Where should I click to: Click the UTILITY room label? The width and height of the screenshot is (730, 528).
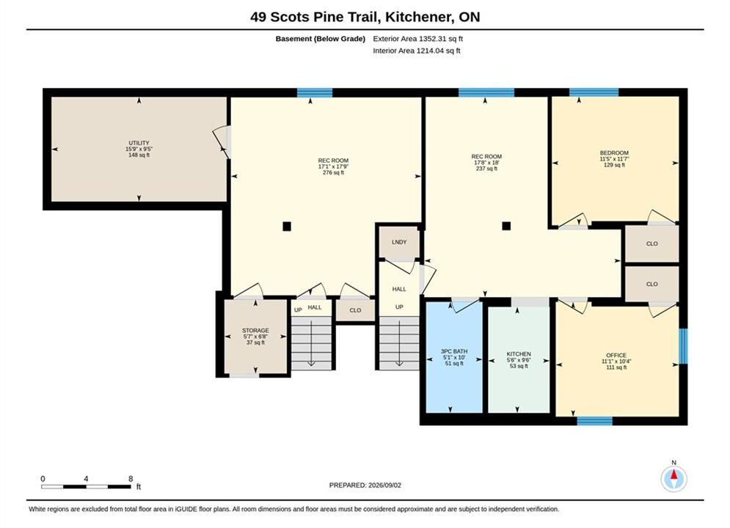(x=139, y=143)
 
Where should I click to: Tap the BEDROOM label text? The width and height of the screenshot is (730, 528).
(x=614, y=153)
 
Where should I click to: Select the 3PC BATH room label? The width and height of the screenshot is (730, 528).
(x=454, y=351)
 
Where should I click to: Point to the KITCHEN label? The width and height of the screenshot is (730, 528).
(x=519, y=354)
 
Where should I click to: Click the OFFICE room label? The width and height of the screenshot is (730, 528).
(x=616, y=355)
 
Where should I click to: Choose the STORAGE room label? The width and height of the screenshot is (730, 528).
(x=255, y=330)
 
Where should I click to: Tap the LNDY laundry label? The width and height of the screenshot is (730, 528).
(x=399, y=242)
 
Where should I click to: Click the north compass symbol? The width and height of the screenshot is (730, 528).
(x=674, y=477)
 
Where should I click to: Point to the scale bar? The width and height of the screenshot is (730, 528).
(x=86, y=487)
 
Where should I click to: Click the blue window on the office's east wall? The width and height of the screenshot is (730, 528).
(x=683, y=346)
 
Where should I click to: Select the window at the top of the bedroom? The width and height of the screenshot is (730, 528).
(x=594, y=92)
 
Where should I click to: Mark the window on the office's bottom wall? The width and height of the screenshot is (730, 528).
(x=594, y=420)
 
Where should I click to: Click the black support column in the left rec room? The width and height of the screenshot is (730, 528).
(x=287, y=227)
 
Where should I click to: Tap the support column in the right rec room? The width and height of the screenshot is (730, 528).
(x=506, y=226)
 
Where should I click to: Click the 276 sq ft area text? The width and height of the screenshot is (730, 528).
(x=333, y=172)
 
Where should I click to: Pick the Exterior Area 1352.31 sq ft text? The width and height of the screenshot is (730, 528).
(x=417, y=39)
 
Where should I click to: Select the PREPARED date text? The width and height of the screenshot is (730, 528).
(x=365, y=485)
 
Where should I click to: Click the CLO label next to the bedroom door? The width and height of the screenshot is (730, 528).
(x=651, y=243)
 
